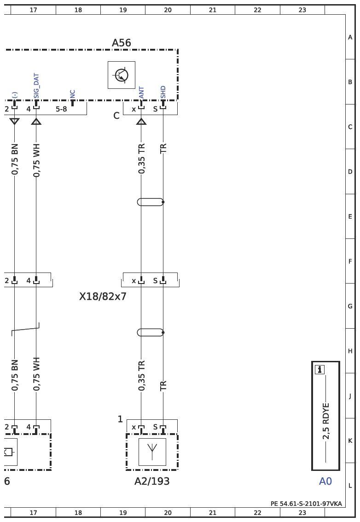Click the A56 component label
121,43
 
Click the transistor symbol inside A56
121,75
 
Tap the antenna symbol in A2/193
152,452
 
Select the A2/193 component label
152,481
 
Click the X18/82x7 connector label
103,296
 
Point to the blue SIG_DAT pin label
36,86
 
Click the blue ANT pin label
141,93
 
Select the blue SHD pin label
163,92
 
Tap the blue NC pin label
73,94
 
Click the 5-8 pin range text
61,109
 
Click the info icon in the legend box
319,369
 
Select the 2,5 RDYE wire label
325,421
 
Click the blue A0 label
325,481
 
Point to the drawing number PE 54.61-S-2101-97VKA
306,504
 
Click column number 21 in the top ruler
213,10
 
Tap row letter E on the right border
350,216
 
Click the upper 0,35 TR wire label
141,158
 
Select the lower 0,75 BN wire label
14,375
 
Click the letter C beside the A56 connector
116,116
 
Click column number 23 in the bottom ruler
302,513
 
